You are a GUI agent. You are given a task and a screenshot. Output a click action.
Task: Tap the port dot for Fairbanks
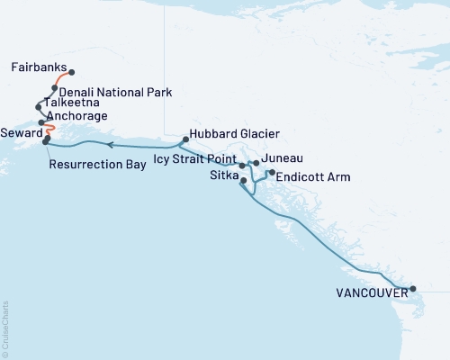pos(72,73)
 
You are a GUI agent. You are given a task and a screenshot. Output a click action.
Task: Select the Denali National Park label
pos(113,92)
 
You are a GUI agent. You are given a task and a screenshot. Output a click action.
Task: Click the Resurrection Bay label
pos(93,165)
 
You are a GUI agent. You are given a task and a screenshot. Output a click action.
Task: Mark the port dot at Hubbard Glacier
pos(184,139)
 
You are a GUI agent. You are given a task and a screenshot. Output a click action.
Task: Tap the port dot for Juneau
pos(256,163)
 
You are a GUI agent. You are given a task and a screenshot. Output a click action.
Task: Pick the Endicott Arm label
pos(312,177)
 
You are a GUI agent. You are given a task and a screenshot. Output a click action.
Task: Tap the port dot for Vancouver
pos(413,290)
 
